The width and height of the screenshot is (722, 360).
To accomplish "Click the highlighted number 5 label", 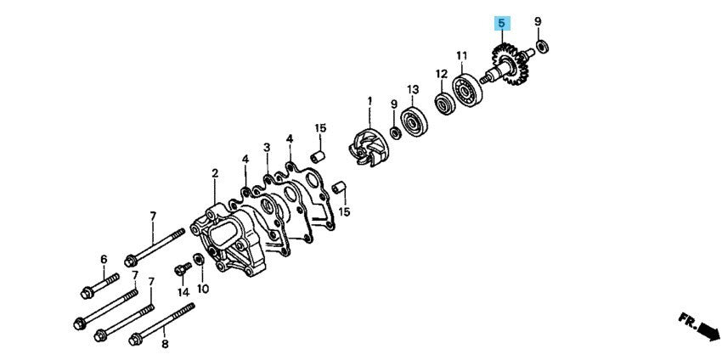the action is pos(501,23).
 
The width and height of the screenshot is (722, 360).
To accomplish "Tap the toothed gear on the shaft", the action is pos(510,65).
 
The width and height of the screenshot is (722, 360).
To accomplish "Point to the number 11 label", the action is pos(462,56).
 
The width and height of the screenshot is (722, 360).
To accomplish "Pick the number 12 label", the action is pos(441,74).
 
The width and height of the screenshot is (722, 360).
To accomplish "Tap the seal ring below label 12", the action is pos(445,104).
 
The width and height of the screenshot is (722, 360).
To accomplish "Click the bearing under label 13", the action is pos(414,121).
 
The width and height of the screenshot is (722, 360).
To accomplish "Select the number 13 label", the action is pos(413,88).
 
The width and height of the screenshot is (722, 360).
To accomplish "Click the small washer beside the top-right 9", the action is pos(543,46).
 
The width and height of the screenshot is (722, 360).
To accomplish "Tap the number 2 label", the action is pos(215,173).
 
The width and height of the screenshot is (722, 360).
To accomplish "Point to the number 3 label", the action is pos(267,148).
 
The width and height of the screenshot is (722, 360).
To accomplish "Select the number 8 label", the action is pos(165,343).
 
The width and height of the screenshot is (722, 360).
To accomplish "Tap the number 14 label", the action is pos(183,291).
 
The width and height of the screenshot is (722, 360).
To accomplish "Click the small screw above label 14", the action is pos(183,268).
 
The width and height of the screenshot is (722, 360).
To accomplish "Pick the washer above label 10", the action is pos(199,259).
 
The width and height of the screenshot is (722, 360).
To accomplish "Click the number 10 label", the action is pos(203,289).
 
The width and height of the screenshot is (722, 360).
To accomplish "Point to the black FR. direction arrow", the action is pos(708,331).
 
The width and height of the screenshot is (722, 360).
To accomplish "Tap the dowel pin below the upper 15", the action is pos(319,156).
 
